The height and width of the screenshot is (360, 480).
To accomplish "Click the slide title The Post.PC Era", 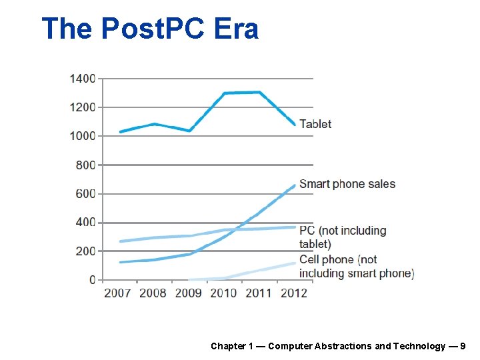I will [x=149, y=29].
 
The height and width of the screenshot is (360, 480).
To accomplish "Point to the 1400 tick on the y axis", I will [x=83, y=79].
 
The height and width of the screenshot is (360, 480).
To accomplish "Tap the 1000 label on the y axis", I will [x=83, y=136].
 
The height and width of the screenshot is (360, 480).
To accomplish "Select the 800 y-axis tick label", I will [x=85, y=165].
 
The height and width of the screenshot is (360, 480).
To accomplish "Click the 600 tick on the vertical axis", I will [x=85, y=194].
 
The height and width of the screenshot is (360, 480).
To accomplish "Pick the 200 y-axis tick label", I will [x=85, y=251].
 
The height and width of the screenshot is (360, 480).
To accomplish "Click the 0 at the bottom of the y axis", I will [x=92, y=280].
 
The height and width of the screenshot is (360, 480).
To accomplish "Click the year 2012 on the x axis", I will [x=293, y=293].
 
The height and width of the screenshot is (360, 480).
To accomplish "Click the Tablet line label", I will [x=315, y=124].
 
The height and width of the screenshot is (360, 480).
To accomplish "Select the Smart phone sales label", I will [x=347, y=184].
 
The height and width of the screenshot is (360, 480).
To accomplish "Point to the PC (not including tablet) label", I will [x=343, y=237].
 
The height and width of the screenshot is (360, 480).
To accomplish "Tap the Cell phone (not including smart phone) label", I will [x=356, y=266].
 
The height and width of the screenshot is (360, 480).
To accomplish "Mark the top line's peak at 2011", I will [x=259, y=92].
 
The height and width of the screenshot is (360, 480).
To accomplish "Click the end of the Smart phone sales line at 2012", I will [x=294, y=185].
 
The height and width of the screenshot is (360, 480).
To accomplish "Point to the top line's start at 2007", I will [x=121, y=132].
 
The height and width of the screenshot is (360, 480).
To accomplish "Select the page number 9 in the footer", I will [x=463, y=346].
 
